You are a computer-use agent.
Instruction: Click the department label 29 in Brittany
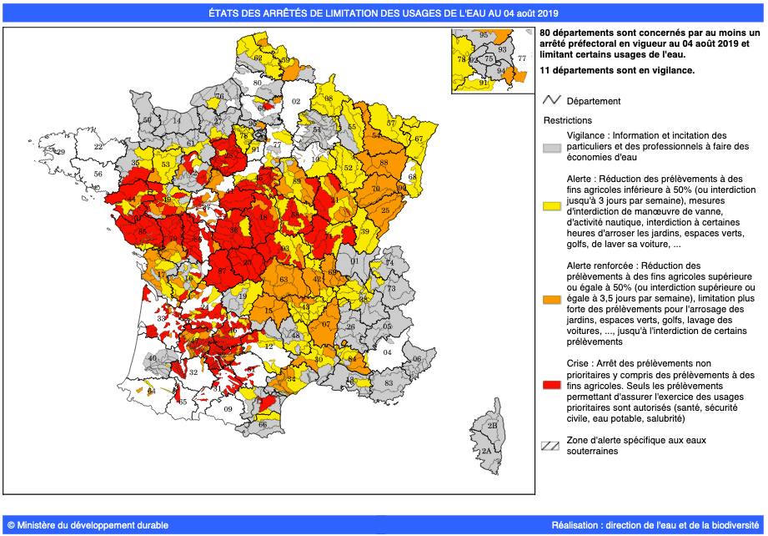pyautogui.click(x=60, y=152)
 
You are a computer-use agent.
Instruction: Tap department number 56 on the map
pyautogui.click(x=98, y=174)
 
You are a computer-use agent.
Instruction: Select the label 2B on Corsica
pyautogui.click(x=492, y=426)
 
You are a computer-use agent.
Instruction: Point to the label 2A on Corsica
pyautogui.click(x=486, y=450)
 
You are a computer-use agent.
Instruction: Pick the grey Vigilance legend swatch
pyautogui.click(x=550, y=147)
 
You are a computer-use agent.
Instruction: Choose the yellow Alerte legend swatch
pyautogui.click(x=550, y=204)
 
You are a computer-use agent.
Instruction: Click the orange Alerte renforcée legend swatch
pyautogui.click(x=550, y=298)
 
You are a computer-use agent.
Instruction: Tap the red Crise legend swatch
pyautogui.click(x=550, y=385)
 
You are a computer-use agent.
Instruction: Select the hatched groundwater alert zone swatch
pyautogui.click(x=550, y=445)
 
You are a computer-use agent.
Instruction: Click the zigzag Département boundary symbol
pyautogui.click(x=550, y=101)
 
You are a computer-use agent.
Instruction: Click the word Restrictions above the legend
pyautogui.click(x=567, y=120)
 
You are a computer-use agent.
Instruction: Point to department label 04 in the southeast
pyautogui.click(x=386, y=352)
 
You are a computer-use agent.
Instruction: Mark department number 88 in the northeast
pyautogui.click(x=384, y=163)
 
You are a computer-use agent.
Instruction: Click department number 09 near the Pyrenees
pyautogui.click(x=228, y=409)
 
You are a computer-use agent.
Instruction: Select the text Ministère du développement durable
pyautogui.click(x=88, y=525)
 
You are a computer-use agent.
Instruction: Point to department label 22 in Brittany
pyautogui.click(x=98, y=146)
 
